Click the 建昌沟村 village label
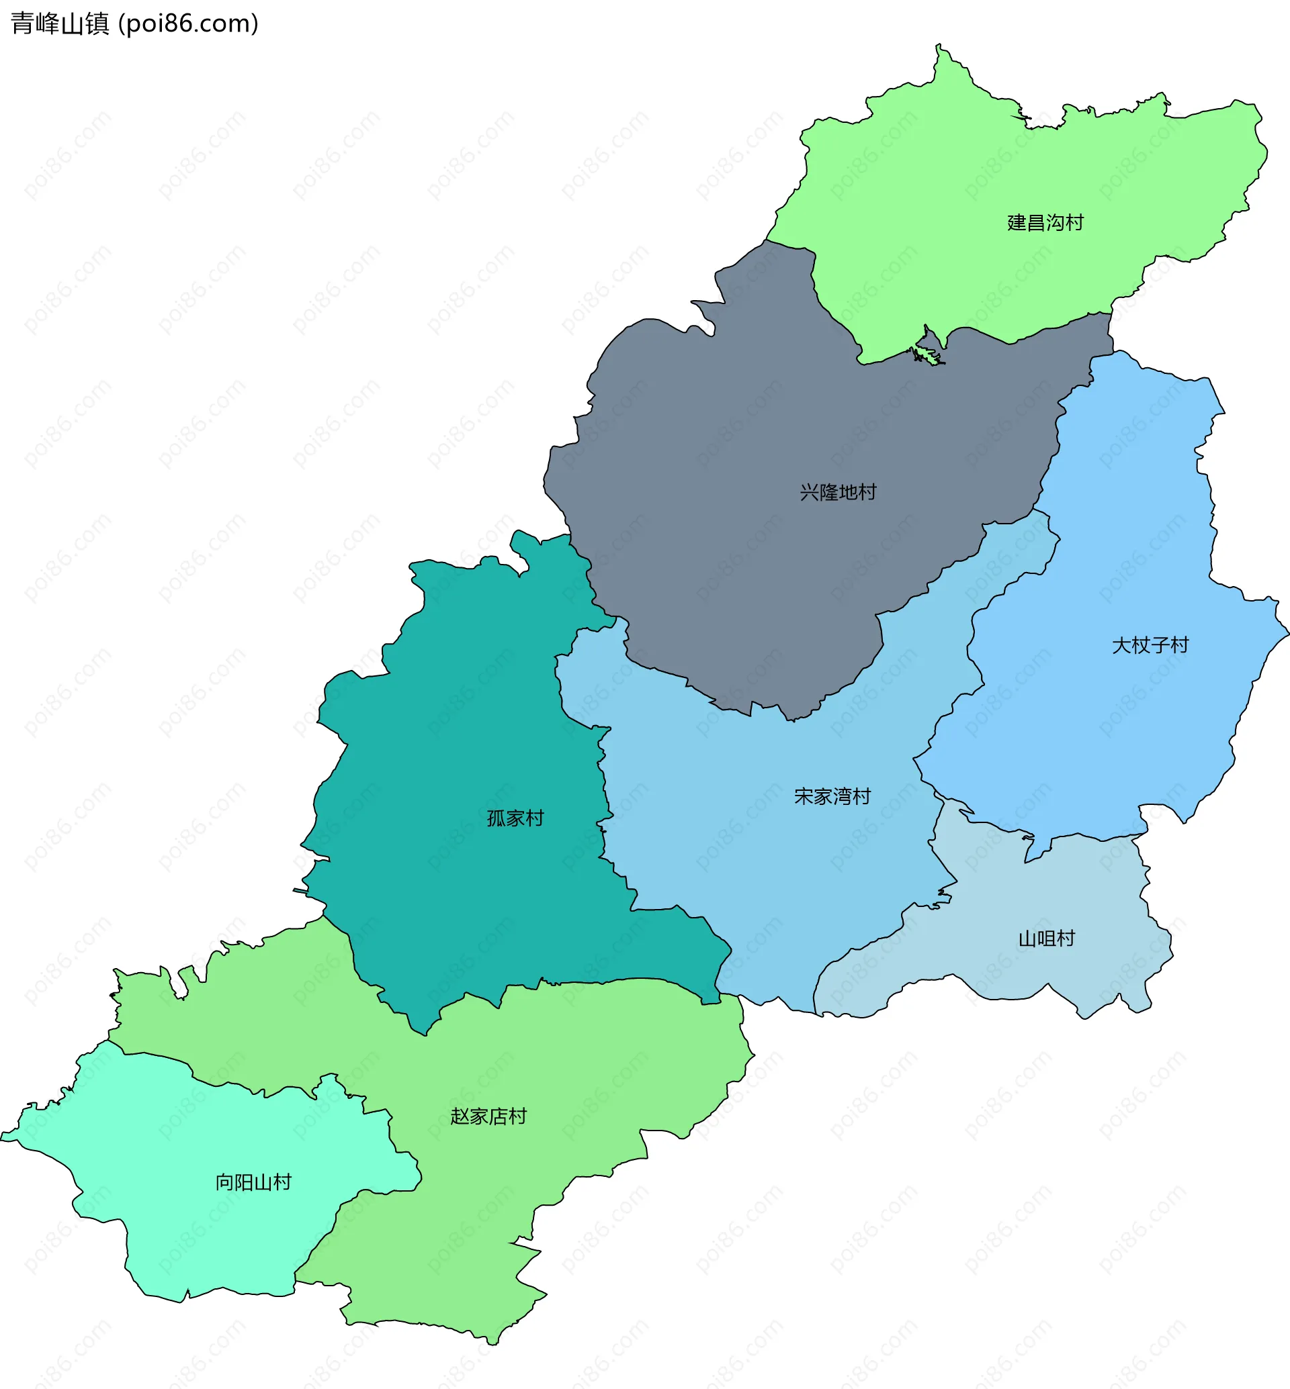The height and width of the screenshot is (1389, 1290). coord(1045,222)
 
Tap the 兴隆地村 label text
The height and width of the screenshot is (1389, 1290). coord(838,493)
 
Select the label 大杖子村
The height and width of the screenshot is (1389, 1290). coord(1150,645)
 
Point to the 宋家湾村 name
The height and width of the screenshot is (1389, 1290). coord(832,797)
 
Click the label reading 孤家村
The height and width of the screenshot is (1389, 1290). coord(515,818)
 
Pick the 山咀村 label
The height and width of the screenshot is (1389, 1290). coord(1046,939)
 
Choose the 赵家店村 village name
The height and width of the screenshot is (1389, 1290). coord(488,1117)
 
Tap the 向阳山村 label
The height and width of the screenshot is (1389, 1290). coord(253,1182)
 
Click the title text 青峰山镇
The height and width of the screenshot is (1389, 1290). coord(60,23)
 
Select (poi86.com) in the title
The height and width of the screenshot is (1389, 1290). coord(189,23)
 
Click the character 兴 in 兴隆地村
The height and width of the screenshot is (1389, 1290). coord(809,493)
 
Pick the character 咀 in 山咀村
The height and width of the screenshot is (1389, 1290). coord(1046,939)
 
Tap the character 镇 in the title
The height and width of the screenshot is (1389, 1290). coord(97,23)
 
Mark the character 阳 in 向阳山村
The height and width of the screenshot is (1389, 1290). coord(243,1182)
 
